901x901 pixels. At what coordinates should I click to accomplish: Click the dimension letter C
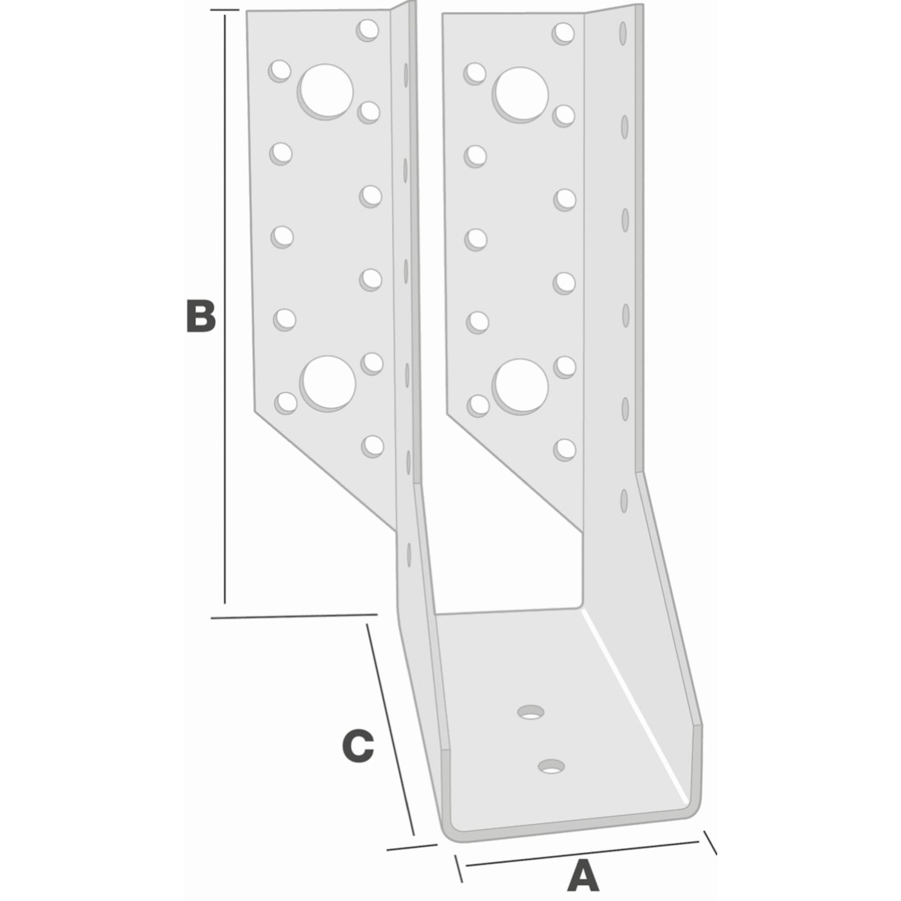[x=357, y=746]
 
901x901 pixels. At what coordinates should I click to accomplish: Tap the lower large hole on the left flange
[x=328, y=384]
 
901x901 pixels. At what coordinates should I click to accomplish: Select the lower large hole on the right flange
[x=521, y=386]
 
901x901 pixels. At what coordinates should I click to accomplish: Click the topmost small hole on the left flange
[x=368, y=30]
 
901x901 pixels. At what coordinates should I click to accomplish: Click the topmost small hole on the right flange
[x=563, y=33]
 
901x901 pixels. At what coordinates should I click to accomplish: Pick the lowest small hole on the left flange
[x=373, y=446]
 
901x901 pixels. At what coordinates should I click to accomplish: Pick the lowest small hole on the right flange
[x=565, y=449]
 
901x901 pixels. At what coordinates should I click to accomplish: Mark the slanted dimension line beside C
[x=390, y=730]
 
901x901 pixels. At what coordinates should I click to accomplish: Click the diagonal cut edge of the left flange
[x=324, y=470]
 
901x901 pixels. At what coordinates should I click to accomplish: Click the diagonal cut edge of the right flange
[x=515, y=472]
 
